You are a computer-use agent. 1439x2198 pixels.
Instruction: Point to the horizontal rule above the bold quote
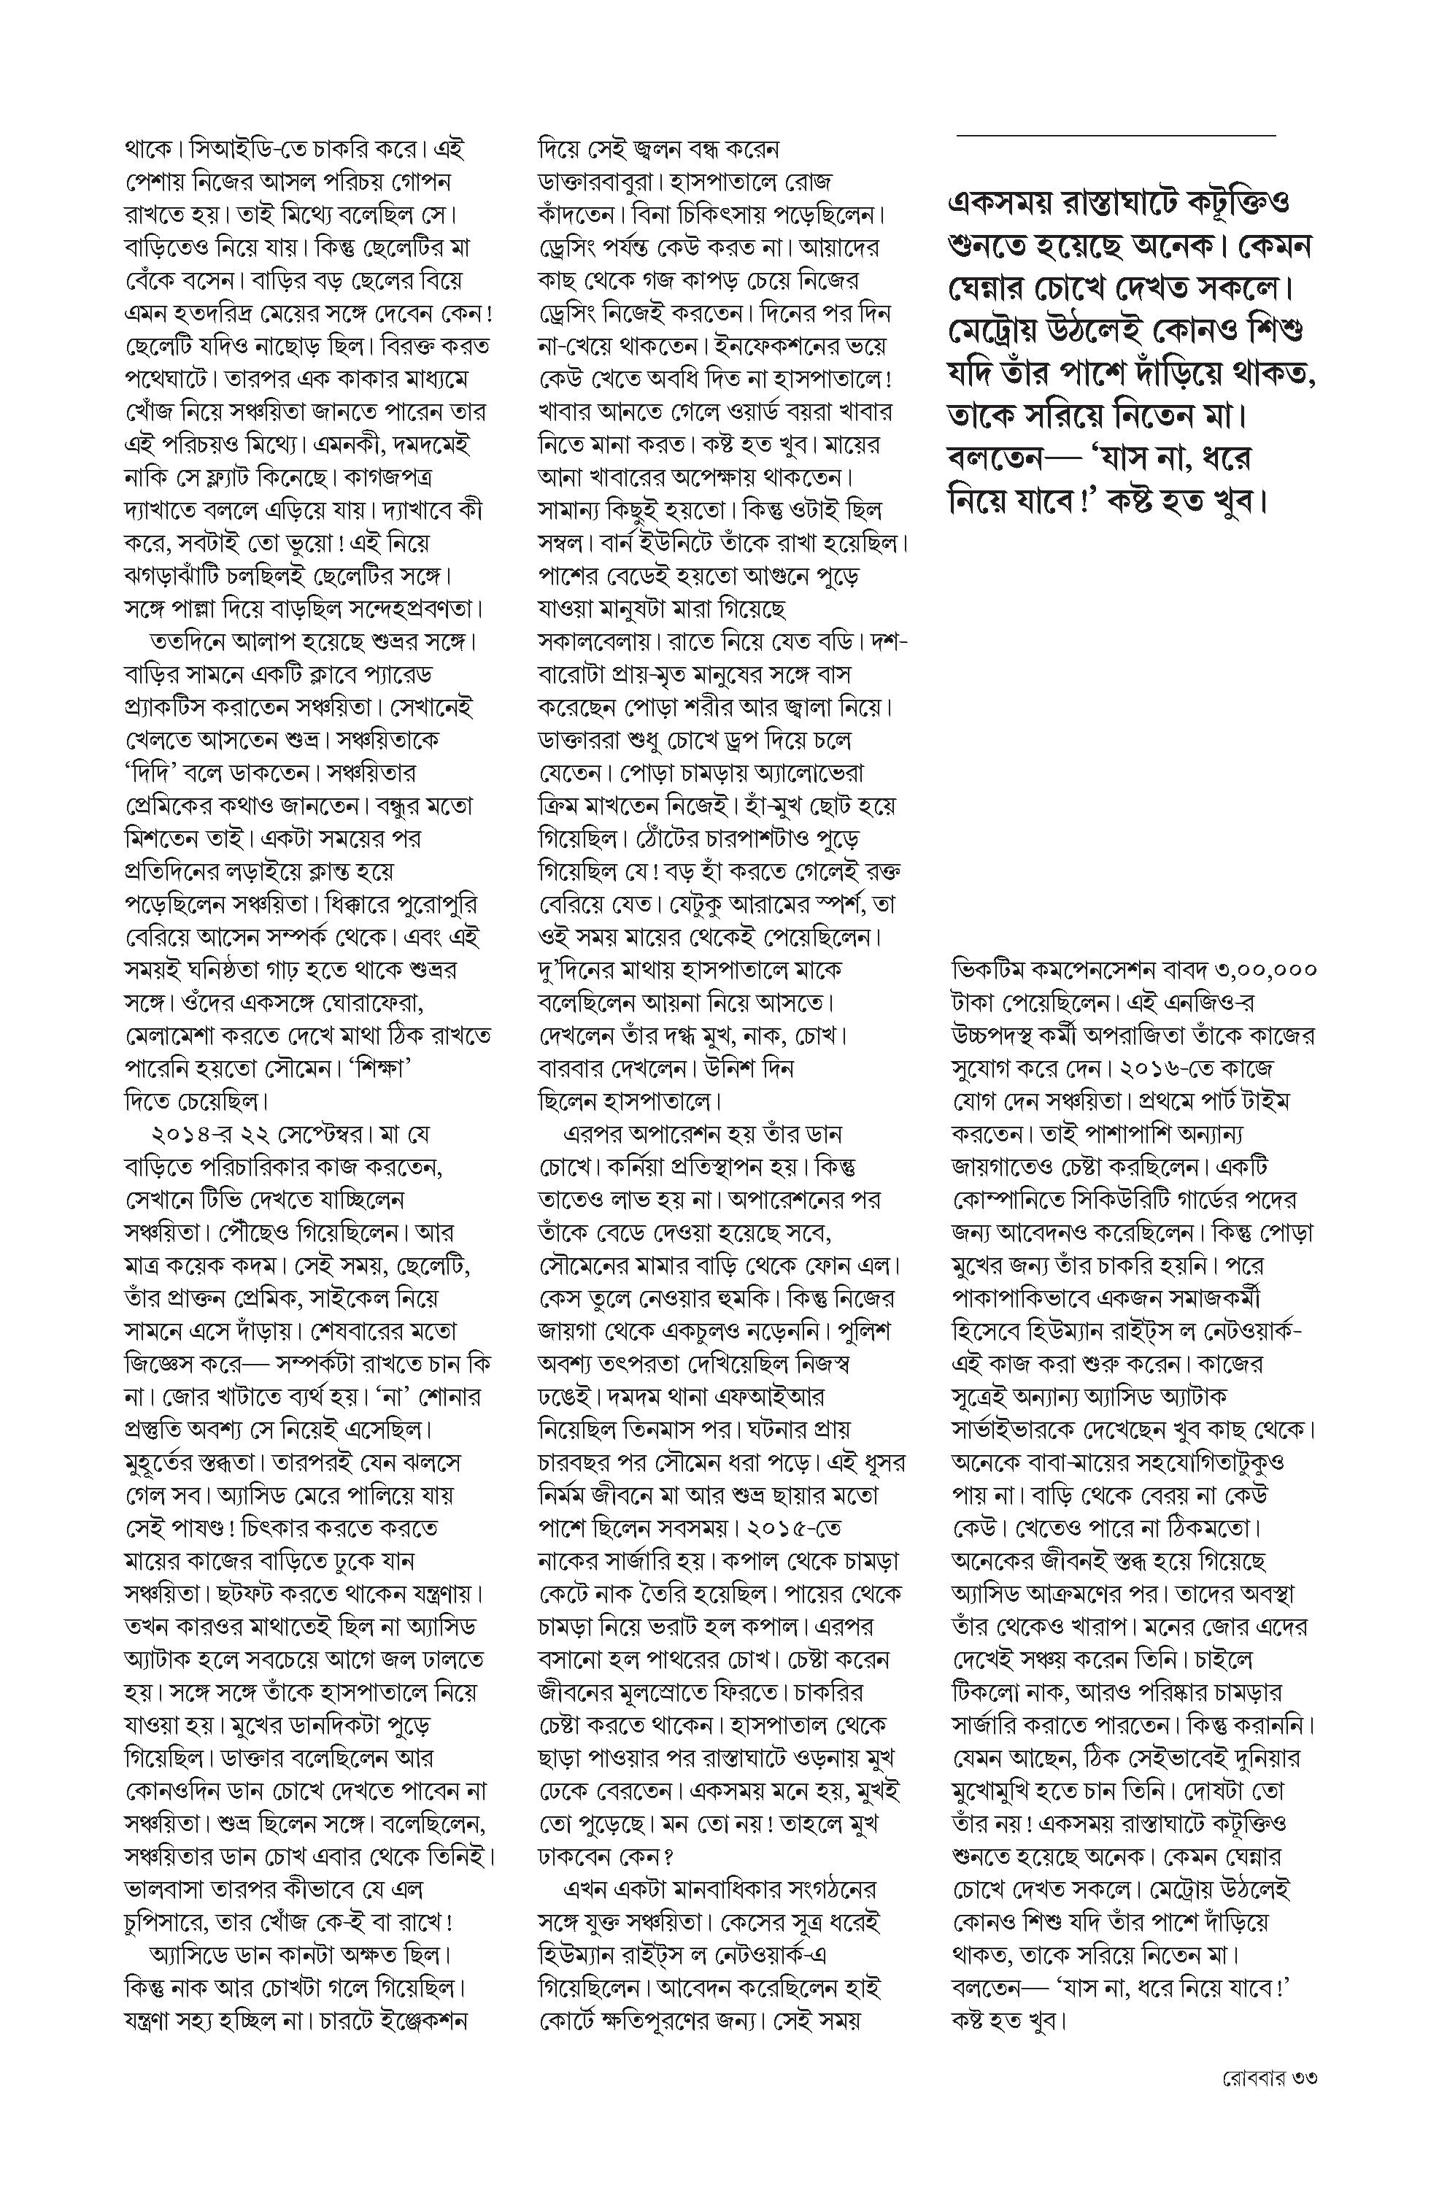1116,136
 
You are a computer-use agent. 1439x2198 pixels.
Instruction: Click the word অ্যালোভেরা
809,773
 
